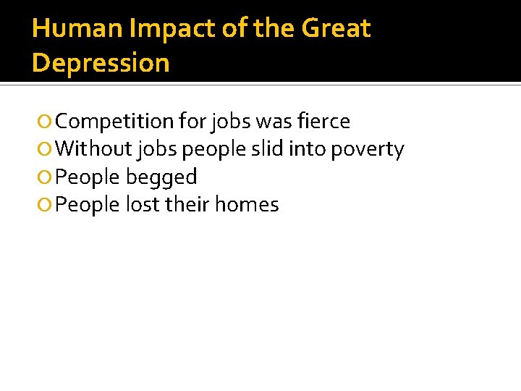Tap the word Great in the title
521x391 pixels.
(x=336, y=29)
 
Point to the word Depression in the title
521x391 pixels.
(x=101, y=63)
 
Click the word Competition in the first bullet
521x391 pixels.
(x=114, y=122)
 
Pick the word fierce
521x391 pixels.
(x=323, y=122)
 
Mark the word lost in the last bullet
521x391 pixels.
(x=142, y=205)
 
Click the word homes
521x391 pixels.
(x=246, y=205)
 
